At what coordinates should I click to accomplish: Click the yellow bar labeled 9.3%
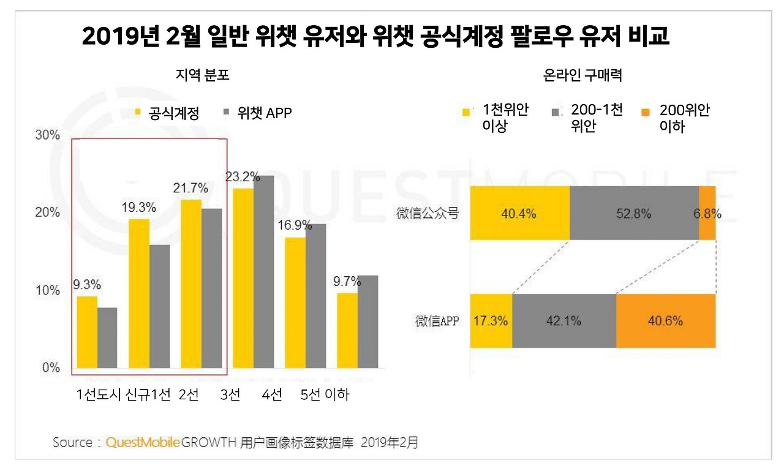[87, 332]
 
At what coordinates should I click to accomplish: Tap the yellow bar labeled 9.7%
[347, 331]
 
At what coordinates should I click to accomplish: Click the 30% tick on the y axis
[47, 135]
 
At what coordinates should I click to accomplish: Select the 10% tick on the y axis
[47, 290]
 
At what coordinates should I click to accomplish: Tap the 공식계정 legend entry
[167, 113]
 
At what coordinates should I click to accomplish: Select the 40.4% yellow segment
[519, 214]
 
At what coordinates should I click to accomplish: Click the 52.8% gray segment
[634, 214]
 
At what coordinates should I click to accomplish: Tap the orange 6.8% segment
[707, 214]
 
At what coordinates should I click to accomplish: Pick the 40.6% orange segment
[666, 321]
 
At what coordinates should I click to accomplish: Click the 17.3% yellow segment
[491, 321]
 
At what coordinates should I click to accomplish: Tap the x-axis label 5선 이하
[325, 395]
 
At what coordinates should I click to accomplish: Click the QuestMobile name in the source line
[143, 442]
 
